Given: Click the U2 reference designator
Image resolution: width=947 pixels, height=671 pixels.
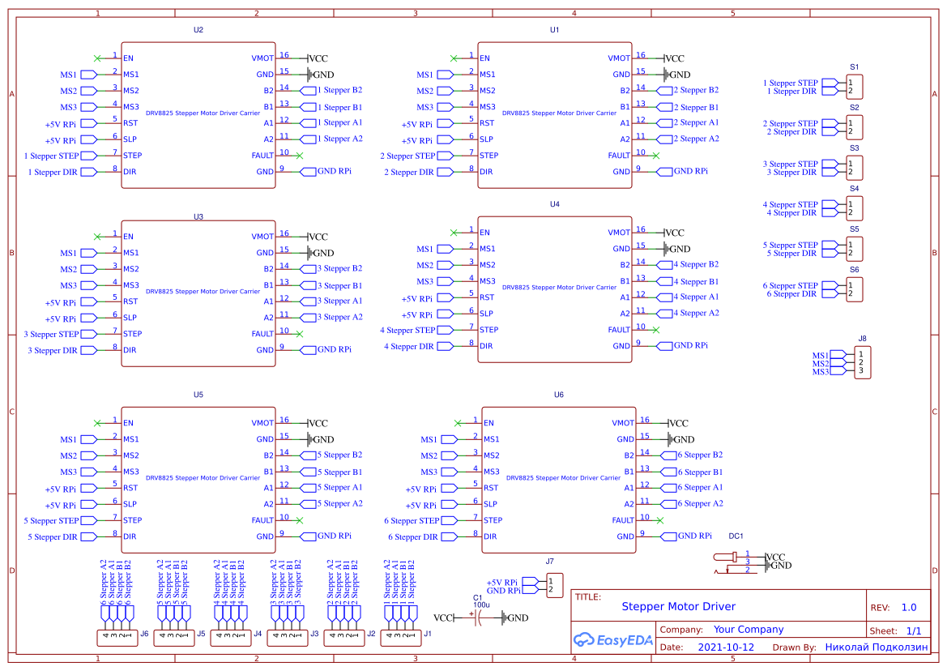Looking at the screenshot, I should [x=198, y=29].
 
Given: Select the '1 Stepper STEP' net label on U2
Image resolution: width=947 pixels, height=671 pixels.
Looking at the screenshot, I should [x=52, y=156].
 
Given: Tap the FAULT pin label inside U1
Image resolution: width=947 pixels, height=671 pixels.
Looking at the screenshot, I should [x=619, y=156].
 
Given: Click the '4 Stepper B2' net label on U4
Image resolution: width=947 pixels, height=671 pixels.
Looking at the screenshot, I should [x=696, y=264].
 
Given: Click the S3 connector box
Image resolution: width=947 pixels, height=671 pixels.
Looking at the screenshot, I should [x=854, y=168].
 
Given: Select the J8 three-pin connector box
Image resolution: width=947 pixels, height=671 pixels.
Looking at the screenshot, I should [x=864, y=363].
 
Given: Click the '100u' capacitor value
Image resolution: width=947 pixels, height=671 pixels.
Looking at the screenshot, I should [x=481, y=605].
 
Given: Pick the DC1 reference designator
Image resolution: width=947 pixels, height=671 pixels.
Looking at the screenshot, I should [x=736, y=536].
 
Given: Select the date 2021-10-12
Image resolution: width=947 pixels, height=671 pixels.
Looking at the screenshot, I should [x=725, y=647].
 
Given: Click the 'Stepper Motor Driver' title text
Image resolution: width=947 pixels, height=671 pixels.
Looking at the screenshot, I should [x=678, y=606].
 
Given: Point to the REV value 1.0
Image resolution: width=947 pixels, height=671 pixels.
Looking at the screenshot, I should [x=909, y=607].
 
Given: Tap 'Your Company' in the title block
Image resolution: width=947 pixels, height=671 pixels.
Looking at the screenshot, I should [x=748, y=630].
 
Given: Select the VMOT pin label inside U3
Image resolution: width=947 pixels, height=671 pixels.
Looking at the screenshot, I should [x=262, y=237].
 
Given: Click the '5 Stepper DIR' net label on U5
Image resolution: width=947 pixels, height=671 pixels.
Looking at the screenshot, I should [x=53, y=536].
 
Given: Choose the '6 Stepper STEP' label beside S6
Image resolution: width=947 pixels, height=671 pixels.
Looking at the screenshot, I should [x=791, y=285].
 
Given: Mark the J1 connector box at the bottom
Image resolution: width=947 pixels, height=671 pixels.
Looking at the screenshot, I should [x=400, y=638].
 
